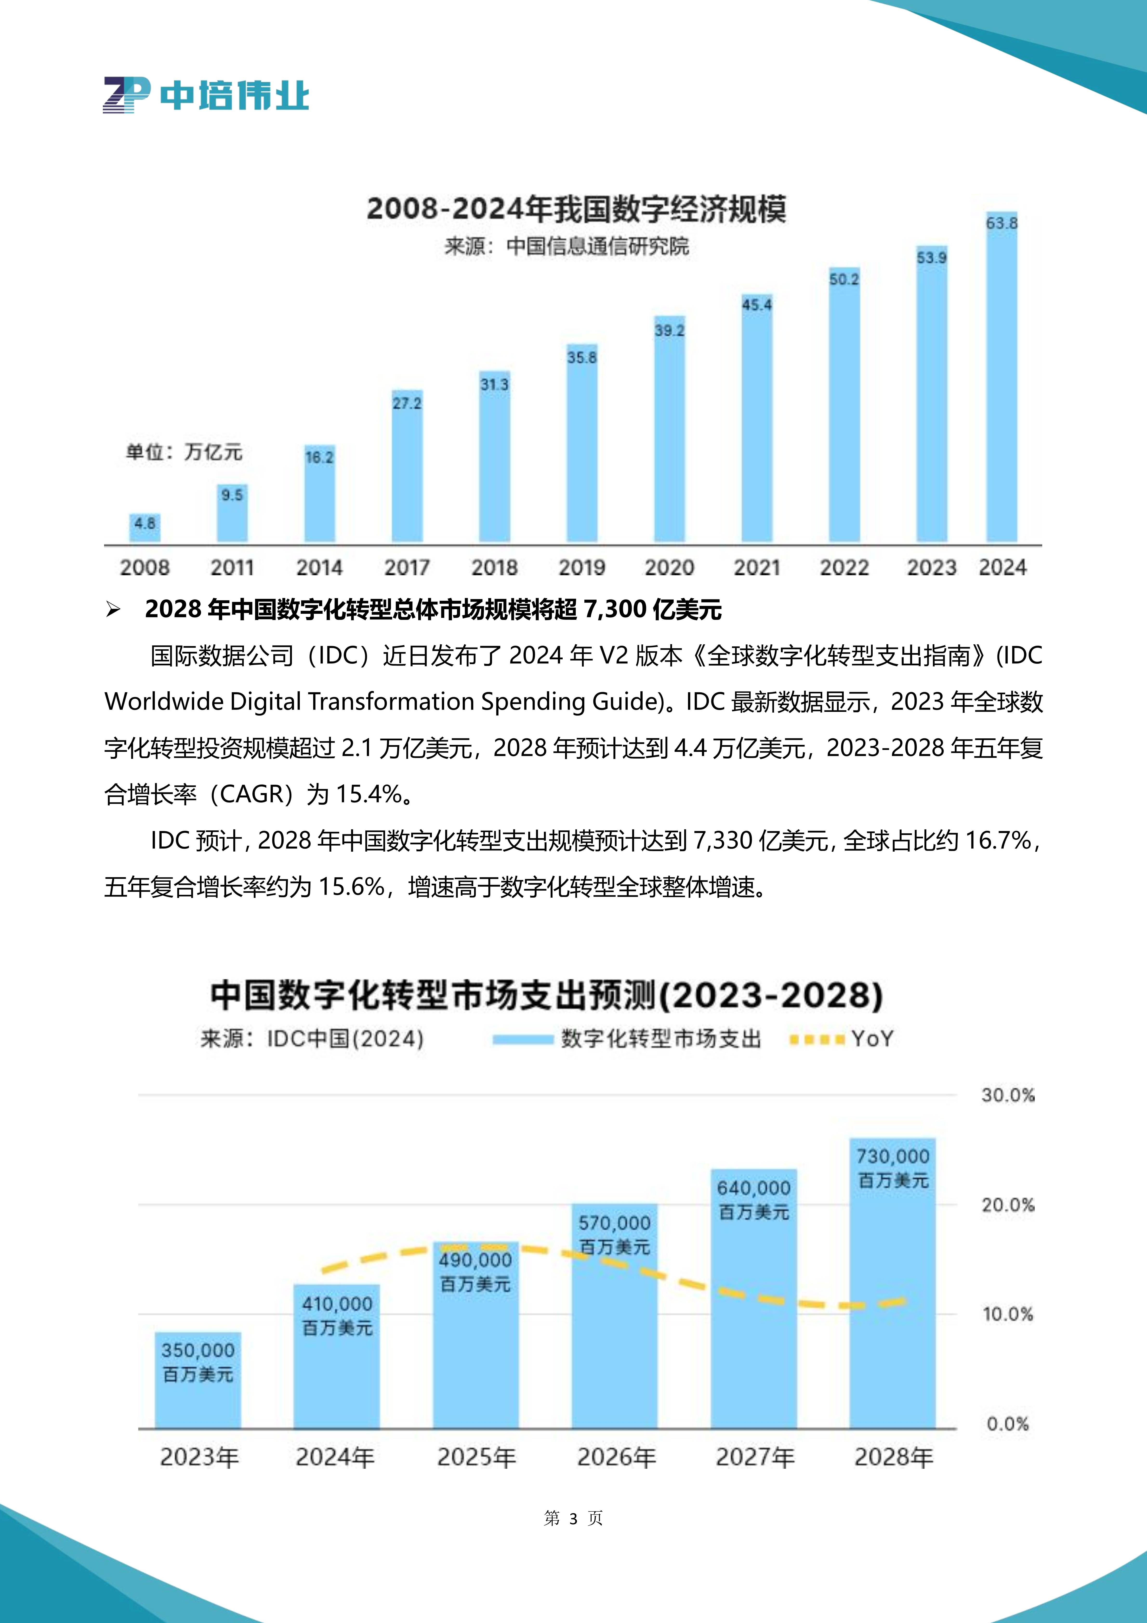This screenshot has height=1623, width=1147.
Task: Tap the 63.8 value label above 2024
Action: (x=1002, y=223)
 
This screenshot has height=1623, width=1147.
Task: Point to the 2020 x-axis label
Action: (x=669, y=568)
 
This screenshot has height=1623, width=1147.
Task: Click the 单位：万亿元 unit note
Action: (x=184, y=452)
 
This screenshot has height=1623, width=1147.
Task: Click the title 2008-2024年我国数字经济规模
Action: (x=576, y=209)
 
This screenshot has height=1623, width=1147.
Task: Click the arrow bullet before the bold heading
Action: (x=113, y=609)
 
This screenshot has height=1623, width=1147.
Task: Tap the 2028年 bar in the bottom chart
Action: (x=893, y=1308)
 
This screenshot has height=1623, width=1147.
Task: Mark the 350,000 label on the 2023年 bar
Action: (x=198, y=1351)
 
